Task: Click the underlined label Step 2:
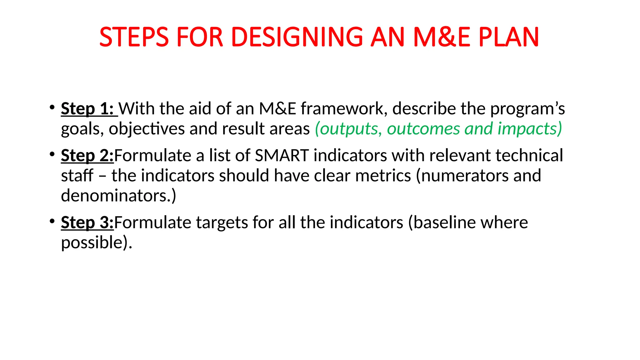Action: coord(87,156)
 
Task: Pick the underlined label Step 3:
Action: coord(87,223)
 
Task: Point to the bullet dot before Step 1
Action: coord(52,107)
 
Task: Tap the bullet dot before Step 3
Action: coord(52,221)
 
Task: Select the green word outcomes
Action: coord(423,129)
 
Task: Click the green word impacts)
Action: coord(530,129)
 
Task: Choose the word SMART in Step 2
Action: coord(282,156)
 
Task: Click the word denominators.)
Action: coord(118,196)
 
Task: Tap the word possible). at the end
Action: coord(97,243)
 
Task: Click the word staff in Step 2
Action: coord(77,176)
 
